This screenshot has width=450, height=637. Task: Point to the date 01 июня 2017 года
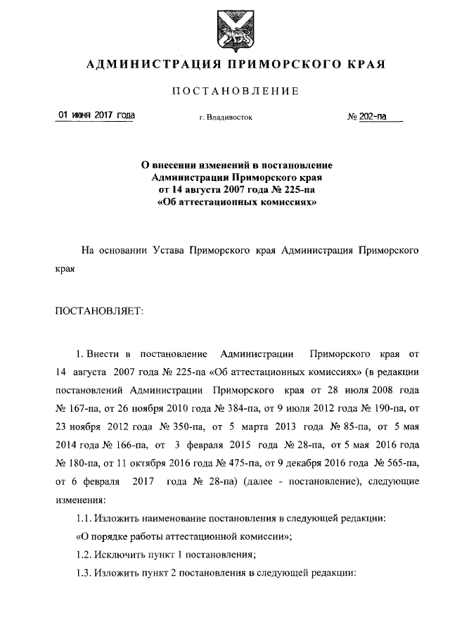(x=96, y=115)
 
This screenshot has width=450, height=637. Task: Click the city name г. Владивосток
(x=225, y=118)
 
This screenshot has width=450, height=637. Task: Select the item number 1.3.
(x=84, y=573)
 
